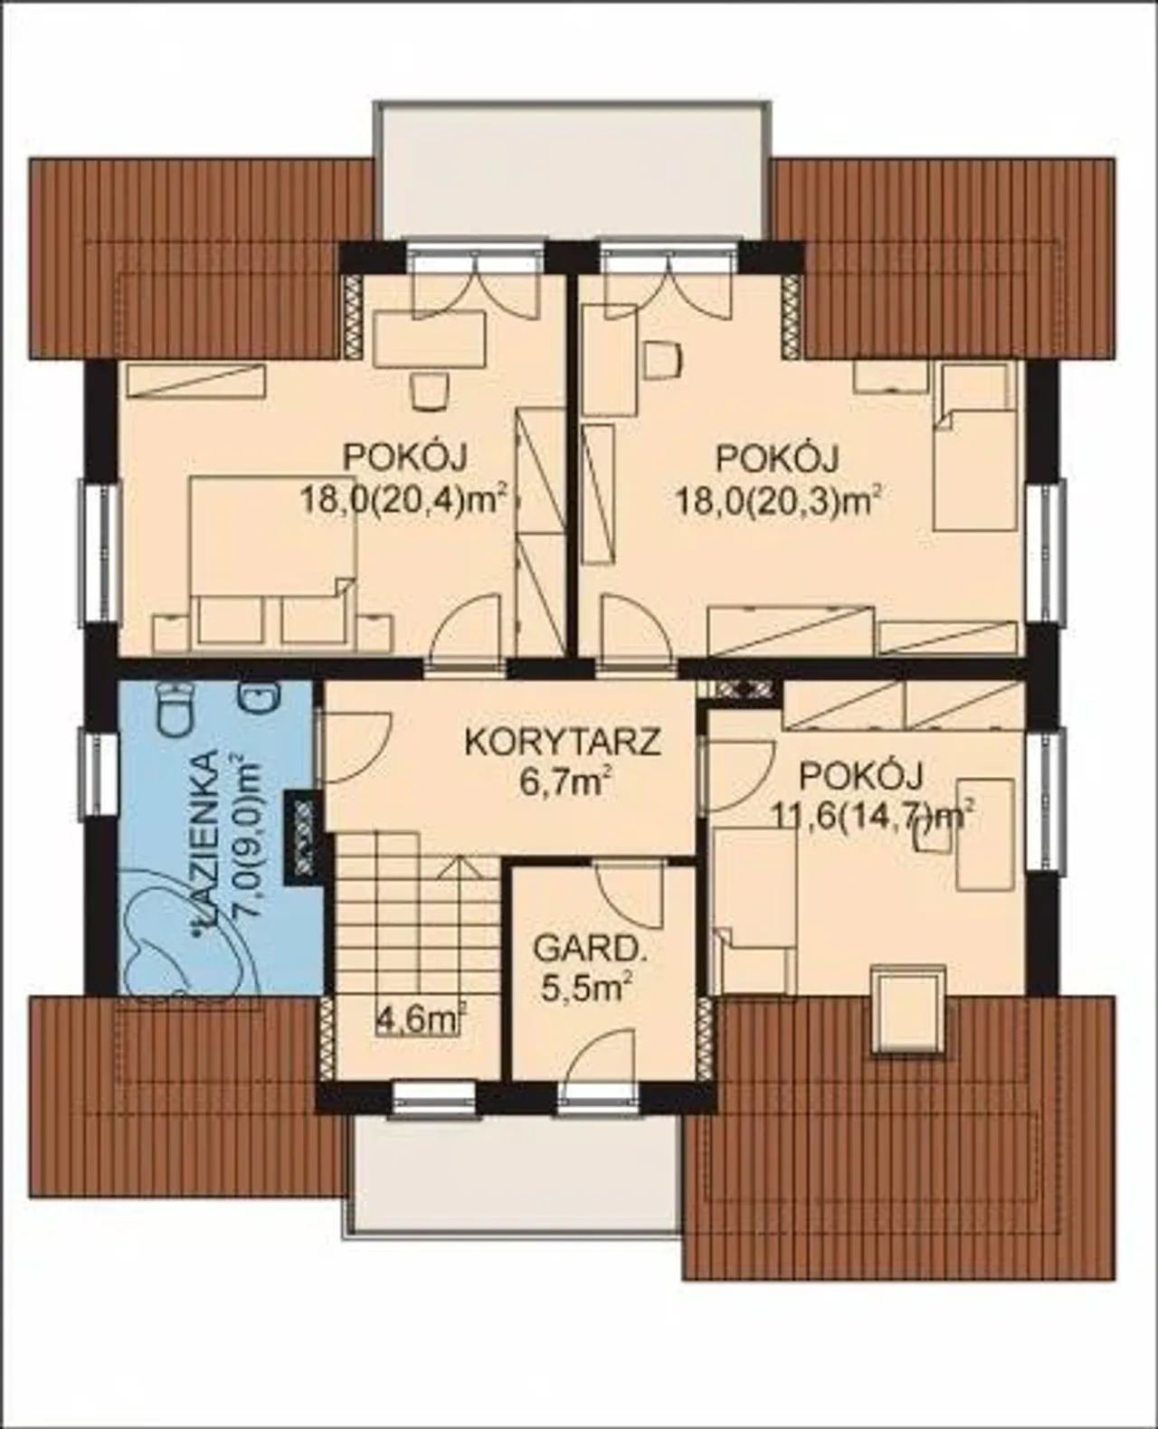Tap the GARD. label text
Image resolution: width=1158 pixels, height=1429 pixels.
click(585, 951)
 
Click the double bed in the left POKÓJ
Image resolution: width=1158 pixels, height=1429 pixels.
click(272, 563)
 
